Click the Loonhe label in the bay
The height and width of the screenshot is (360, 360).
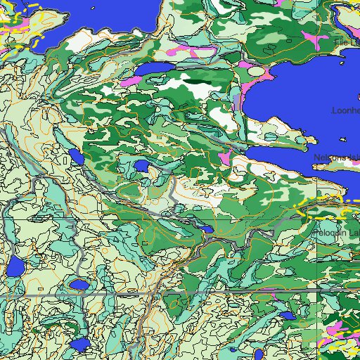(345, 110)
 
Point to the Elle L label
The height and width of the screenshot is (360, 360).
(346, 44)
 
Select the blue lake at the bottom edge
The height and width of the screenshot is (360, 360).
(80, 346)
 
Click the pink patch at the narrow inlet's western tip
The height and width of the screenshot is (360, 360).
(225, 157)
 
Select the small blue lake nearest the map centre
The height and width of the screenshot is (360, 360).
(142, 166)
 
